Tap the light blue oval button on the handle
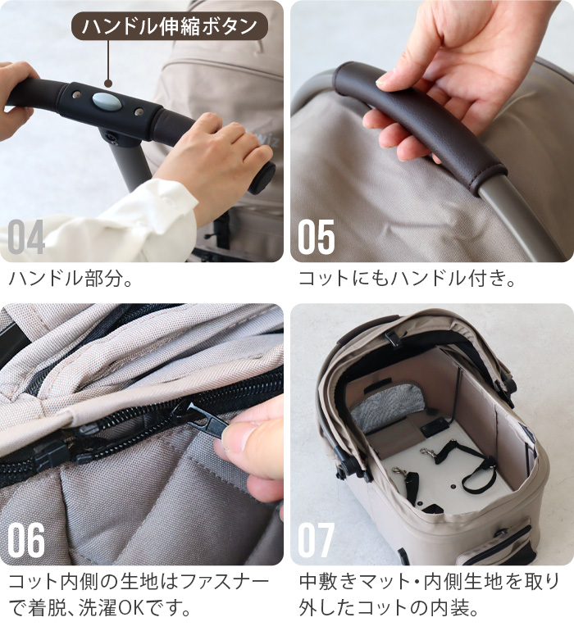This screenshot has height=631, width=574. coord(106,101)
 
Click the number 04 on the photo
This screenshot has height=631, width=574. coord(26,237)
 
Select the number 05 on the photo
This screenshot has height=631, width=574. coord(317,237)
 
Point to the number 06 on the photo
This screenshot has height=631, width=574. coord(26,540)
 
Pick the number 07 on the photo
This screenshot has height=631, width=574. coord(317,540)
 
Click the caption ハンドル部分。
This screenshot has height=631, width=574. coord(71,279)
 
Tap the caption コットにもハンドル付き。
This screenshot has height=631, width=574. coord(407,279)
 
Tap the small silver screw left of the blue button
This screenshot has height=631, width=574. coord(76,94)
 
